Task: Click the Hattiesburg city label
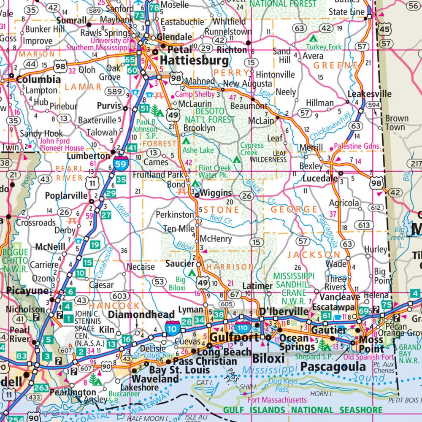pos(195,60)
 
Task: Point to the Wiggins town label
pos(216,193)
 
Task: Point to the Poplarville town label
pos(66,196)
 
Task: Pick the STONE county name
pos(222,210)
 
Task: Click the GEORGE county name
pos(294,209)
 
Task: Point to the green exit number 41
pos(132,148)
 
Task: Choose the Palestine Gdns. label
pos(357,146)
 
